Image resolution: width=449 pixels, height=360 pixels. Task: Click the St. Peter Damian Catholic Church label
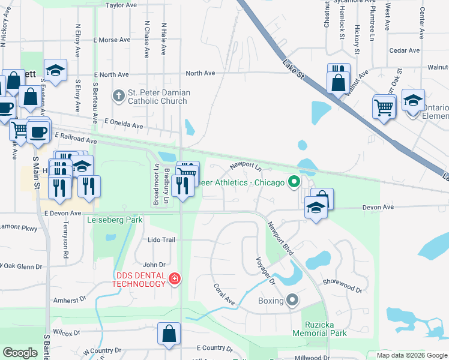(158, 97)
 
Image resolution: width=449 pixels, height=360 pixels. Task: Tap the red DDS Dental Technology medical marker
(175, 279)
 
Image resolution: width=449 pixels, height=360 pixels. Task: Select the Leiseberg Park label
(115, 220)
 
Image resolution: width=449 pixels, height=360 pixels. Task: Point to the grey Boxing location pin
(292, 299)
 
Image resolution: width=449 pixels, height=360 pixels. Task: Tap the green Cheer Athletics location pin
(294, 182)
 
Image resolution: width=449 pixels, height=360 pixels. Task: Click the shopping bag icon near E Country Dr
(169, 334)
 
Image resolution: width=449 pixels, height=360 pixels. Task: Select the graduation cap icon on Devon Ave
(315, 209)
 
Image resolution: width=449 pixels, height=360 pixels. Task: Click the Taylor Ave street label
(121, 5)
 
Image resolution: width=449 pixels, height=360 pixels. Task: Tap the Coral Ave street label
(224, 294)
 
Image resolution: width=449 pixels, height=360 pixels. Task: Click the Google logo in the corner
(20, 353)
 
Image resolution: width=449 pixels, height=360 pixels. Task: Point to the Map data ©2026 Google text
(412, 355)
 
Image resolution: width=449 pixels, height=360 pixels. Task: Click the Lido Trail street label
(161, 240)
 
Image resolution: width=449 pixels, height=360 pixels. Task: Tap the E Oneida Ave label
(124, 124)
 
